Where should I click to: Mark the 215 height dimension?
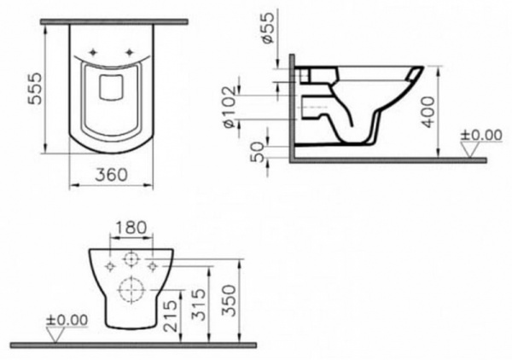click(x=172, y=313)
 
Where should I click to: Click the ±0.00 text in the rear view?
click(x=66, y=320)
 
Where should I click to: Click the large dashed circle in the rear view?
click(x=130, y=288)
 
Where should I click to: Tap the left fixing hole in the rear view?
click(x=109, y=267)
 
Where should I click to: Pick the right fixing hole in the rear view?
click(x=152, y=267)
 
